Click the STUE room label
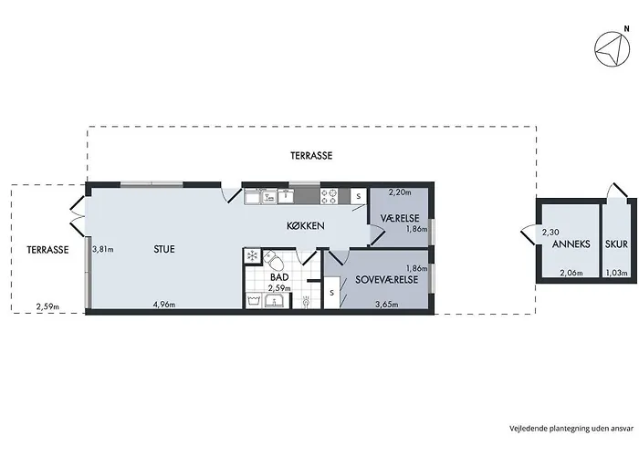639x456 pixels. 164,249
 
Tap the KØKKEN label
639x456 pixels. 306,225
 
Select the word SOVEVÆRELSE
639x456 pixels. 387,280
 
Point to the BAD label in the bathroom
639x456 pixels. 279,277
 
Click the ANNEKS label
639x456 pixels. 571,244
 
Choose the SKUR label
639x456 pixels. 616,244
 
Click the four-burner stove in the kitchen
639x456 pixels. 330,196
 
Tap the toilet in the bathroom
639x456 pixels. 274,260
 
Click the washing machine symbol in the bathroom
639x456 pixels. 255,300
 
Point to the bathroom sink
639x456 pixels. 276,300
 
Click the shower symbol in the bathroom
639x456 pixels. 307,302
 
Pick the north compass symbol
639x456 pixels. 613,49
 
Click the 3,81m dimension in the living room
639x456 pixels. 102,249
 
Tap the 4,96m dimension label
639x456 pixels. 164,304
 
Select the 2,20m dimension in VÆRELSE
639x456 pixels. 400,192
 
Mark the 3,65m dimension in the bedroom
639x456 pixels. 387,304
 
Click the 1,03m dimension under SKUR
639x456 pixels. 616,273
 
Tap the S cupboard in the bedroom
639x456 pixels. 332,293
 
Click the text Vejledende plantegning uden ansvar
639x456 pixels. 571,429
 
